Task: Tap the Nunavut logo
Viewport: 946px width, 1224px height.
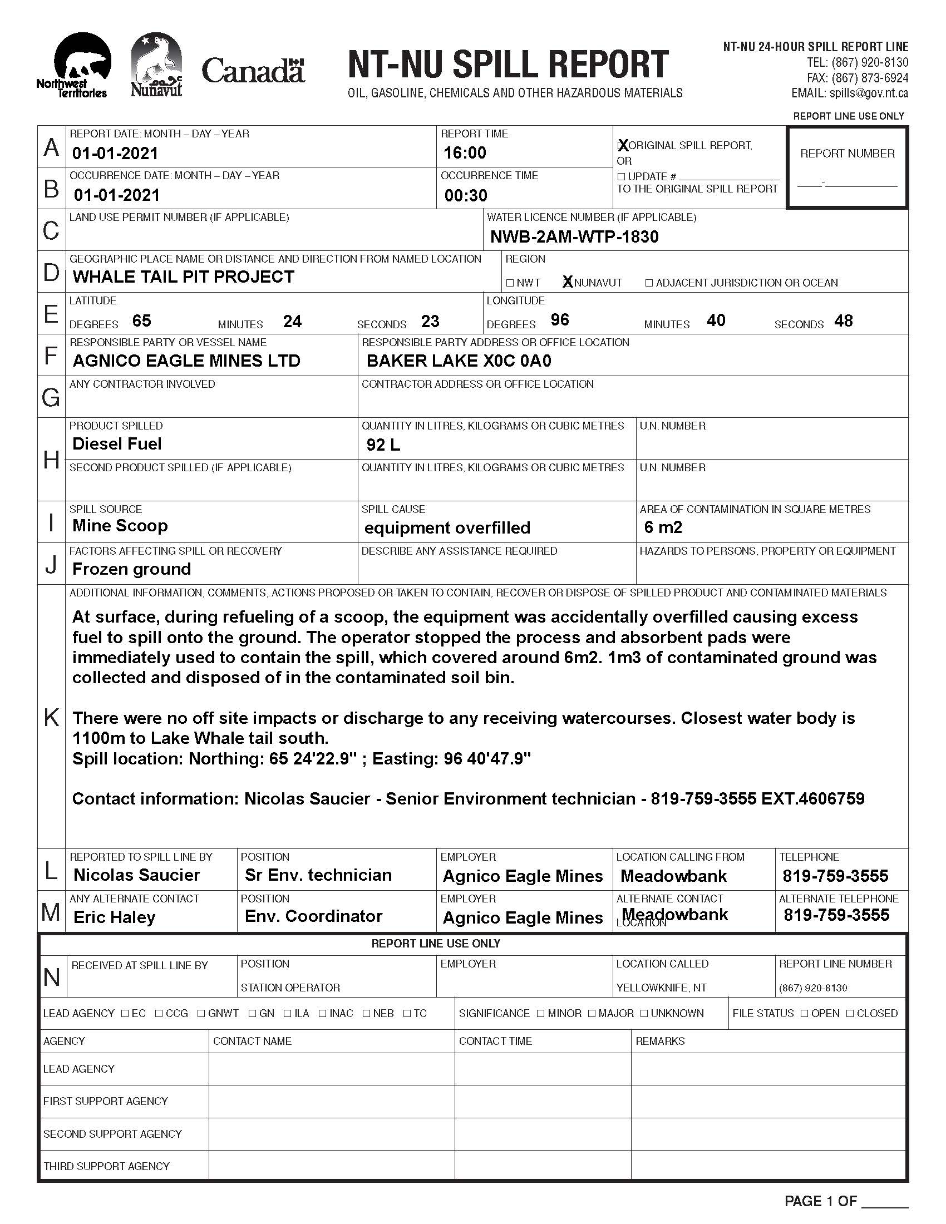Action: pyautogui.click(x=156, y=65)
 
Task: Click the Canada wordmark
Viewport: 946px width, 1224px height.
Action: pyautogui.click(x=253, y=72)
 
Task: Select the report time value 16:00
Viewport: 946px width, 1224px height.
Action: pyautogui.click(x=465, y=153)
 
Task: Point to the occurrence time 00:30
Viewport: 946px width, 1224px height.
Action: pyautogui.click(x=466, y=196)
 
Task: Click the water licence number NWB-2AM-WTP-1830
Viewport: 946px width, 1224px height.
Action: pyautogui.click(x=574, y=237)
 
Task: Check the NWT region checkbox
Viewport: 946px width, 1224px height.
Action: pyautogui.click(x=510, y=283)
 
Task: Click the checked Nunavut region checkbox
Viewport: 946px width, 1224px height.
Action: pyautogui.click(x=568, y=283)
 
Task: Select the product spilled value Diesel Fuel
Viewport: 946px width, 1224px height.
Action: pyautogui.click(x=116, y=445)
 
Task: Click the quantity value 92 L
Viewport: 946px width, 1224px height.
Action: pyautogui.click(x=383, y=445)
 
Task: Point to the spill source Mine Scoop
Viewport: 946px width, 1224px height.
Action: pyautogui.click(x=120, y=526)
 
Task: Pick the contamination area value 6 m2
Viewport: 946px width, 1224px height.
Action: pyautogui.click(x=663, y=527)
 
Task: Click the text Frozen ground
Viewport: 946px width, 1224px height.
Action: pyautogui.click(x=132, y=569)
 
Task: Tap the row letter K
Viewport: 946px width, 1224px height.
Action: pyautogui.click(x=51, y=717)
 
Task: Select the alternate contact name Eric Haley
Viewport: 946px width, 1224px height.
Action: pyautogui.click(x=114, y=917)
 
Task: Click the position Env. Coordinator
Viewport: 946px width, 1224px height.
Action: pyautogui.click(x=313, y=916)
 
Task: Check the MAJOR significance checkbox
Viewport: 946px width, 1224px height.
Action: pyautogui.click(x=593, y=1013)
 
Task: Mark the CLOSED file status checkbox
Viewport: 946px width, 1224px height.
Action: pyautogui.click(x=850, y=1013)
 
